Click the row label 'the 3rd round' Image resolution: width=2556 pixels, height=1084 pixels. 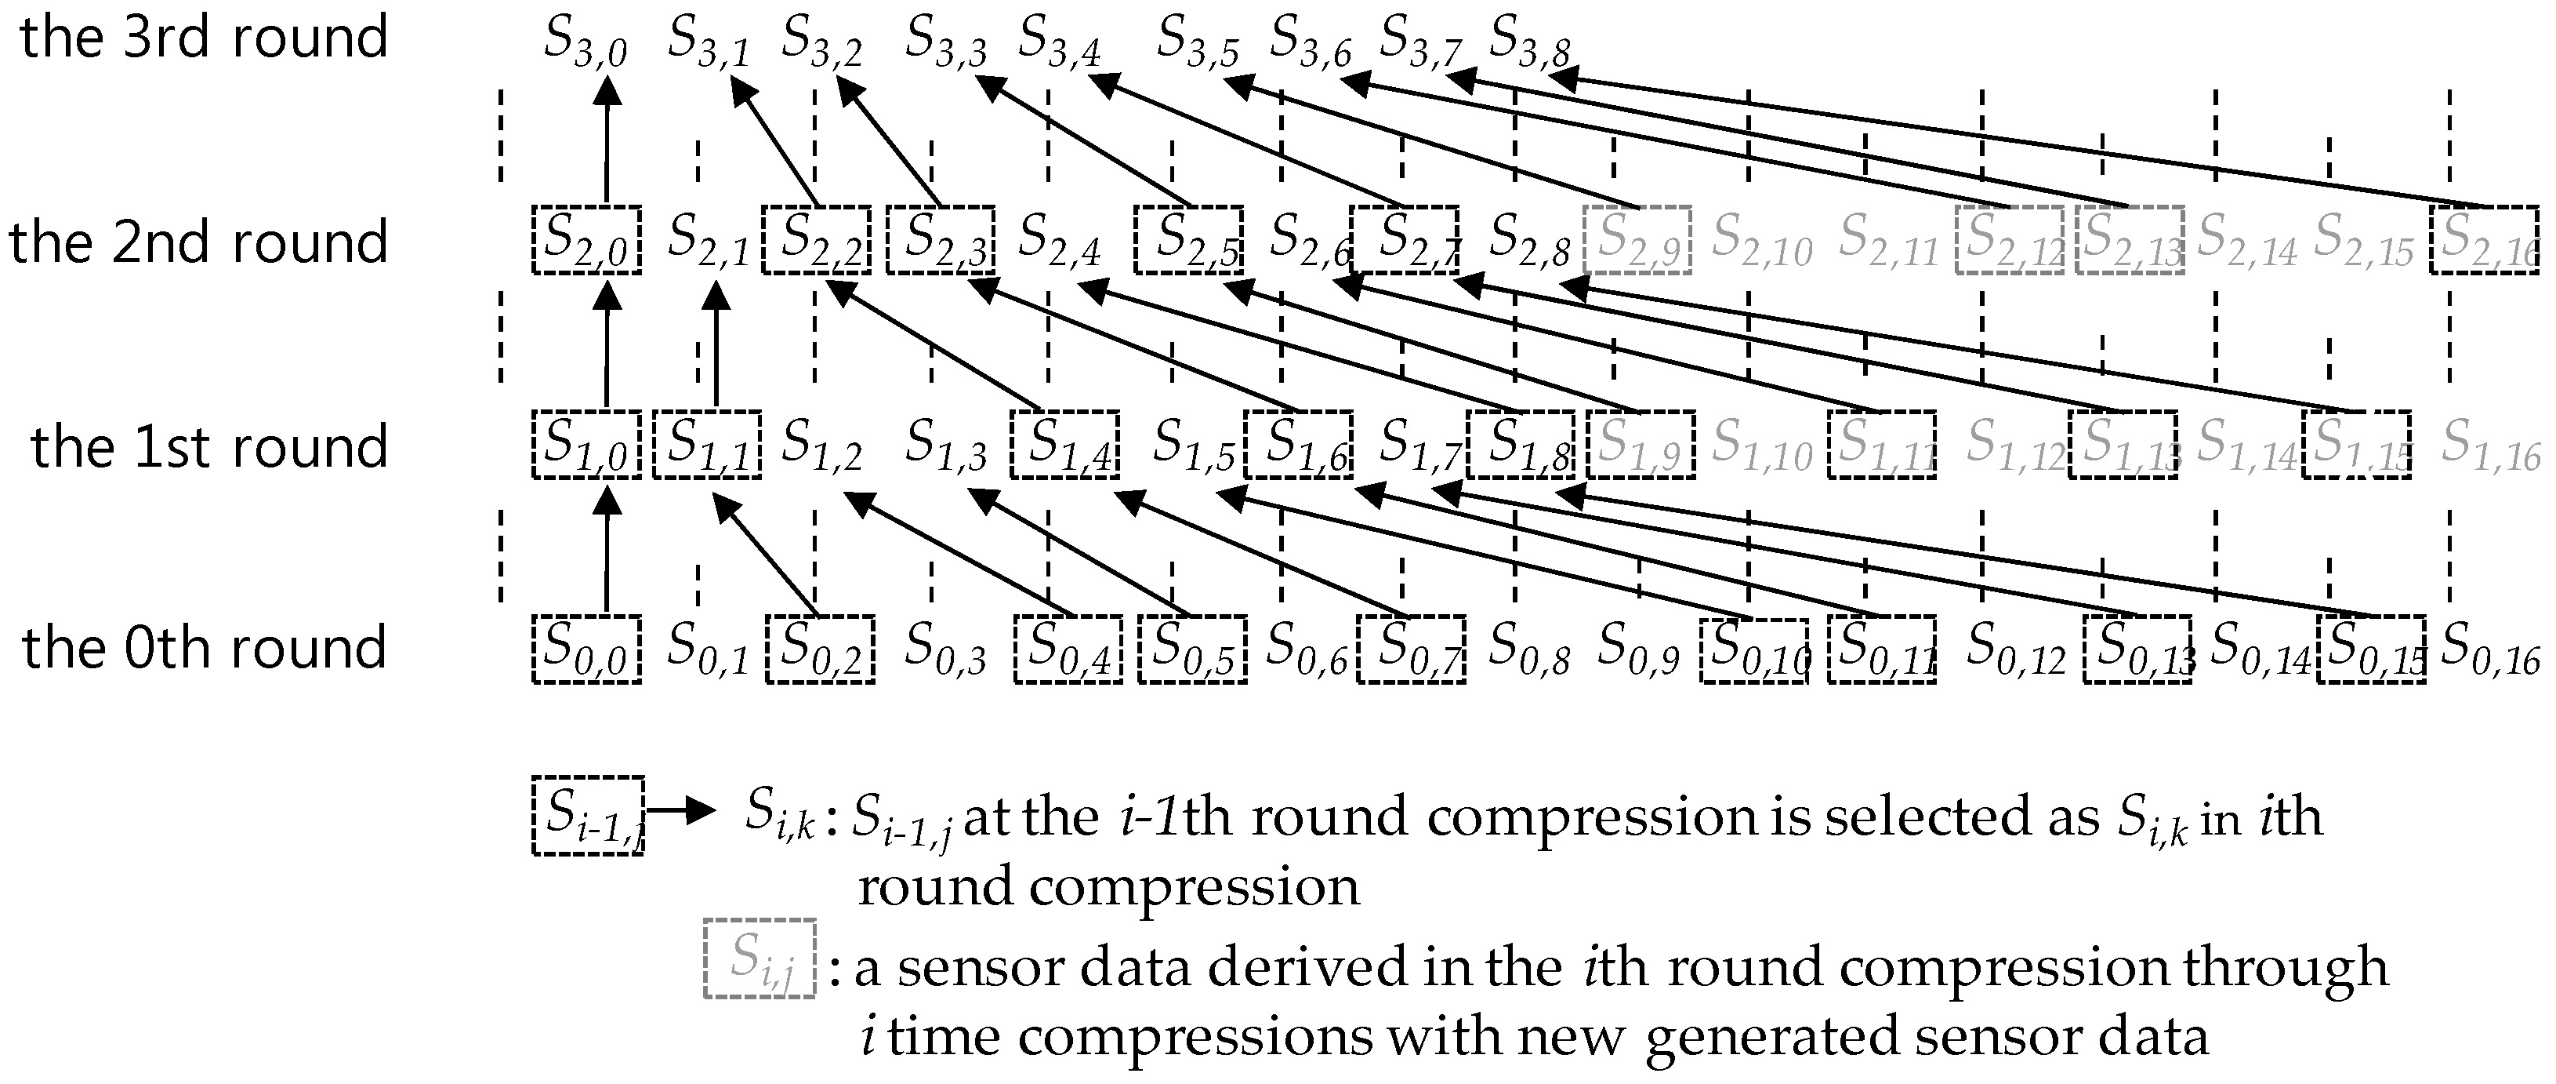point(204,38)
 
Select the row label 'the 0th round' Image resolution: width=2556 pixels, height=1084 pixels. point(204,648)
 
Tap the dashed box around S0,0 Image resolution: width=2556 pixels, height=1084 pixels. point(586,649)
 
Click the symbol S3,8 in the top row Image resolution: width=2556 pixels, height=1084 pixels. point(1529,42)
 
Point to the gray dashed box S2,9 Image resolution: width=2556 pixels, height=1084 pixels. point(1637,240)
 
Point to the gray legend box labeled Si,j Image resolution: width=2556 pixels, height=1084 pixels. point(759,958)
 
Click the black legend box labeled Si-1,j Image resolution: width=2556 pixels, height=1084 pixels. point(587,815)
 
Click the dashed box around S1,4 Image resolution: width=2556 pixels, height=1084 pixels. point(1064,444)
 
